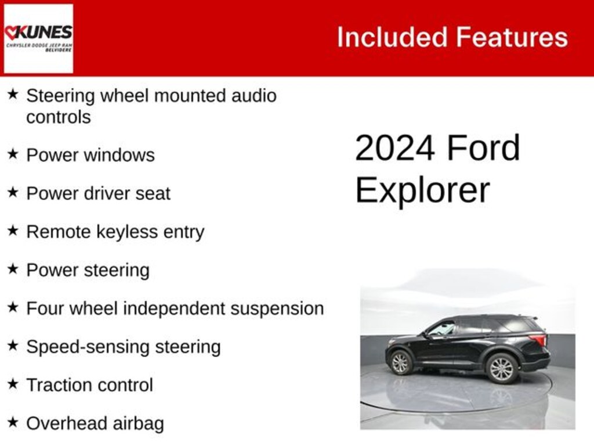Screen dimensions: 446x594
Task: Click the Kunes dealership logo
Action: [38, 38]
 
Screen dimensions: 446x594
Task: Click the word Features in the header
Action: [511, 37]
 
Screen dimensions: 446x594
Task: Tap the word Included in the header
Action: [392, 37]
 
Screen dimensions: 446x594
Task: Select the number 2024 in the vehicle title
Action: [394, 148]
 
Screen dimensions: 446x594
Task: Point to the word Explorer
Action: [422, 190]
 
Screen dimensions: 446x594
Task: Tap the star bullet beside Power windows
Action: [13, 154]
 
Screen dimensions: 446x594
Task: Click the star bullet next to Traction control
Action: [13, 384]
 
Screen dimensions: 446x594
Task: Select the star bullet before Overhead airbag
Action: [13, 422]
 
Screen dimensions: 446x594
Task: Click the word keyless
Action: [128, 232]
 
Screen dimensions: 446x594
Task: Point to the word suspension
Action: [277, 308]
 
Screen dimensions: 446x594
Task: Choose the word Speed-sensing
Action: [75, 347]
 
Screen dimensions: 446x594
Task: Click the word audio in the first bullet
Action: [253, 95]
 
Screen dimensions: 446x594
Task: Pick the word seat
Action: [151, 193]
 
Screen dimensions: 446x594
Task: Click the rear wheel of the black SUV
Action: [501, 368]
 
